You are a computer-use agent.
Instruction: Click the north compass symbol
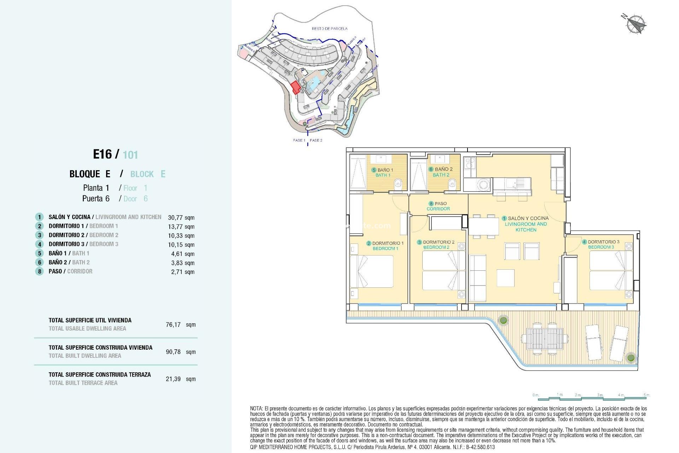coord(635,24)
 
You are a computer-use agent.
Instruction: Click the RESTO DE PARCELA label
coord(329,29)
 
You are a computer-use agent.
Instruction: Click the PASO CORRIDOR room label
coord(438,206)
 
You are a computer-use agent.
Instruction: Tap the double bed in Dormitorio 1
coord(372,271)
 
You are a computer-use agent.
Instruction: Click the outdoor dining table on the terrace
coord(544,339)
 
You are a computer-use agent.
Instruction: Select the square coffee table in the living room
coord(505,278)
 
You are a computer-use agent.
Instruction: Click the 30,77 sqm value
coord(181,218)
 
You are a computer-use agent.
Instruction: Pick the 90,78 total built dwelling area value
coord(173,352)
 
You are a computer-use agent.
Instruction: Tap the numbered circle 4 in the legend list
coord(40,244)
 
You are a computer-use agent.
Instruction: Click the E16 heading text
coord(102,154)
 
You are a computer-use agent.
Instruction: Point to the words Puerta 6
coord(96,199)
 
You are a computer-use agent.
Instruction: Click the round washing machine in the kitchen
coord(483,184)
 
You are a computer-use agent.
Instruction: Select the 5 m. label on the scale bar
coord(646,395)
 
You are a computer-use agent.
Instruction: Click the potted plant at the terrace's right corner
coord(631,357)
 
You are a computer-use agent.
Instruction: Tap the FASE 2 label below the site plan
coord(316,140)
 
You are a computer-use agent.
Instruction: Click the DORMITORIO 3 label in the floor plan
coord(603,242)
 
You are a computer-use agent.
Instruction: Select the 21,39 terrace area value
coord(173,379)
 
